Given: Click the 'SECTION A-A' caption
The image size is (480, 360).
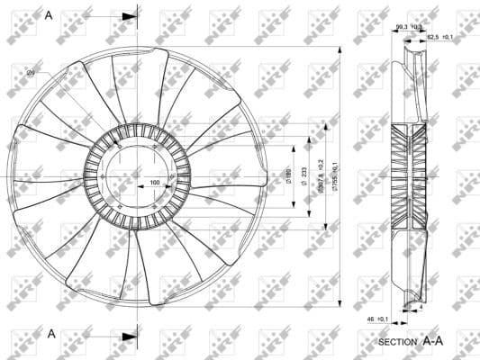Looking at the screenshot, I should click(411, 342).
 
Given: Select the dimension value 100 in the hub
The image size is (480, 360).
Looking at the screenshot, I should click(155, 183).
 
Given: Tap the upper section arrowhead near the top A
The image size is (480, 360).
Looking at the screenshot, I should click(131, 16).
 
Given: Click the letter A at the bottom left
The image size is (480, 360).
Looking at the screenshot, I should click(52, 333).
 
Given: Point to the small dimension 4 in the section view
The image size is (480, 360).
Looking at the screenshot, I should click(420, 307).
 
